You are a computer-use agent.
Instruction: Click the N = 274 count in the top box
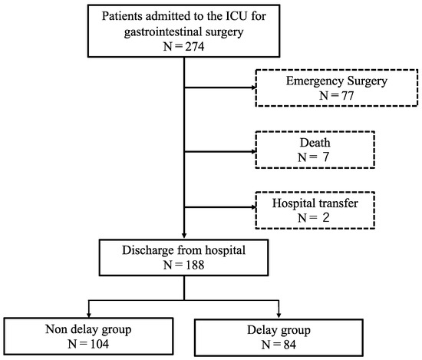tap(184, 45)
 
